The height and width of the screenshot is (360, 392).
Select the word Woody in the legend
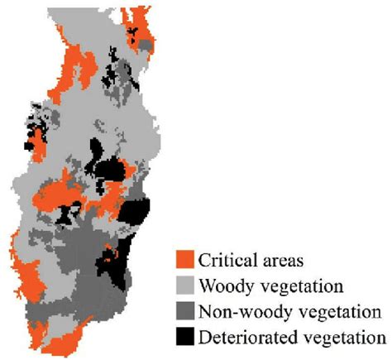tap(222, 286)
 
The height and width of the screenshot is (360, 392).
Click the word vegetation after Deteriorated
tap(340, 338)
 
